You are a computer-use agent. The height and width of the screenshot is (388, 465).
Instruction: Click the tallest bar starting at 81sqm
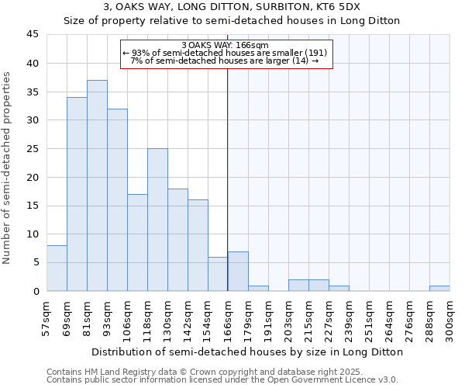97,185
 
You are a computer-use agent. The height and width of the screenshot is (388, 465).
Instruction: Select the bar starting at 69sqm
77,194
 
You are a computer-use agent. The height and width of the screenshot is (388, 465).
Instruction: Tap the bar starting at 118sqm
157,220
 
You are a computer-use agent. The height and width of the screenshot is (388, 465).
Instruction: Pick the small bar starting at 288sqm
439,288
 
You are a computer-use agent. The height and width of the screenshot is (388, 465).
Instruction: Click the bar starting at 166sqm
238,271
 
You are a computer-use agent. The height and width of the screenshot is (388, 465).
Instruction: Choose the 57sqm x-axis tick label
46,318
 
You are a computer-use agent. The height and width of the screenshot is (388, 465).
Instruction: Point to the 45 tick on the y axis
33,35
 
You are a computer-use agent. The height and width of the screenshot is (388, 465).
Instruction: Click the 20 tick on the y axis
33,177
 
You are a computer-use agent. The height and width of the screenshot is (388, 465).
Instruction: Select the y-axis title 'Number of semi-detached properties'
8,167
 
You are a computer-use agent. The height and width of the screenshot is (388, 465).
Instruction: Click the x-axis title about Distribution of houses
247,352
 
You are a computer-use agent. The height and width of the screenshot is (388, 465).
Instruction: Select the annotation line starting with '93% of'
225,53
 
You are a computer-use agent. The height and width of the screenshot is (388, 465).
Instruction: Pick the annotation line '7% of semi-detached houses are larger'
225,61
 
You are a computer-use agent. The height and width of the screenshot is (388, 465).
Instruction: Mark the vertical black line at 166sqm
227,178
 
